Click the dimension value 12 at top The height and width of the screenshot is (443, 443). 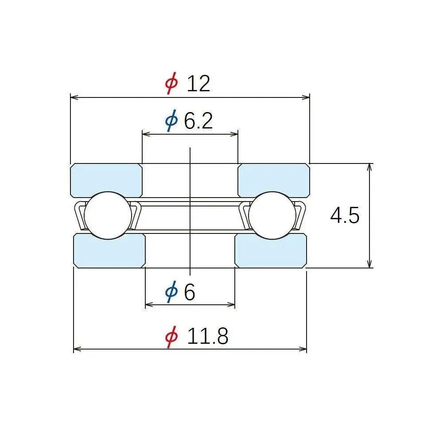198,84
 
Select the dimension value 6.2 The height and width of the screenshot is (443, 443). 198,121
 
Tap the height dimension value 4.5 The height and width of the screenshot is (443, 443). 345,215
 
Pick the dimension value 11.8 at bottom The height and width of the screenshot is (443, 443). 208,336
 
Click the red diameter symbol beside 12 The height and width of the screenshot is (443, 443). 172,83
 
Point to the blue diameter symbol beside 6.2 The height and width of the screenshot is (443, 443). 171,120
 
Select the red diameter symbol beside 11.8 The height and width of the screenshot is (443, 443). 172,337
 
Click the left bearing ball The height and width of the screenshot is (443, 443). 108,216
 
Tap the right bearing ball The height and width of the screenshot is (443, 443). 272,216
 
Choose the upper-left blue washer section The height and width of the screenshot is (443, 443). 106,180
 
